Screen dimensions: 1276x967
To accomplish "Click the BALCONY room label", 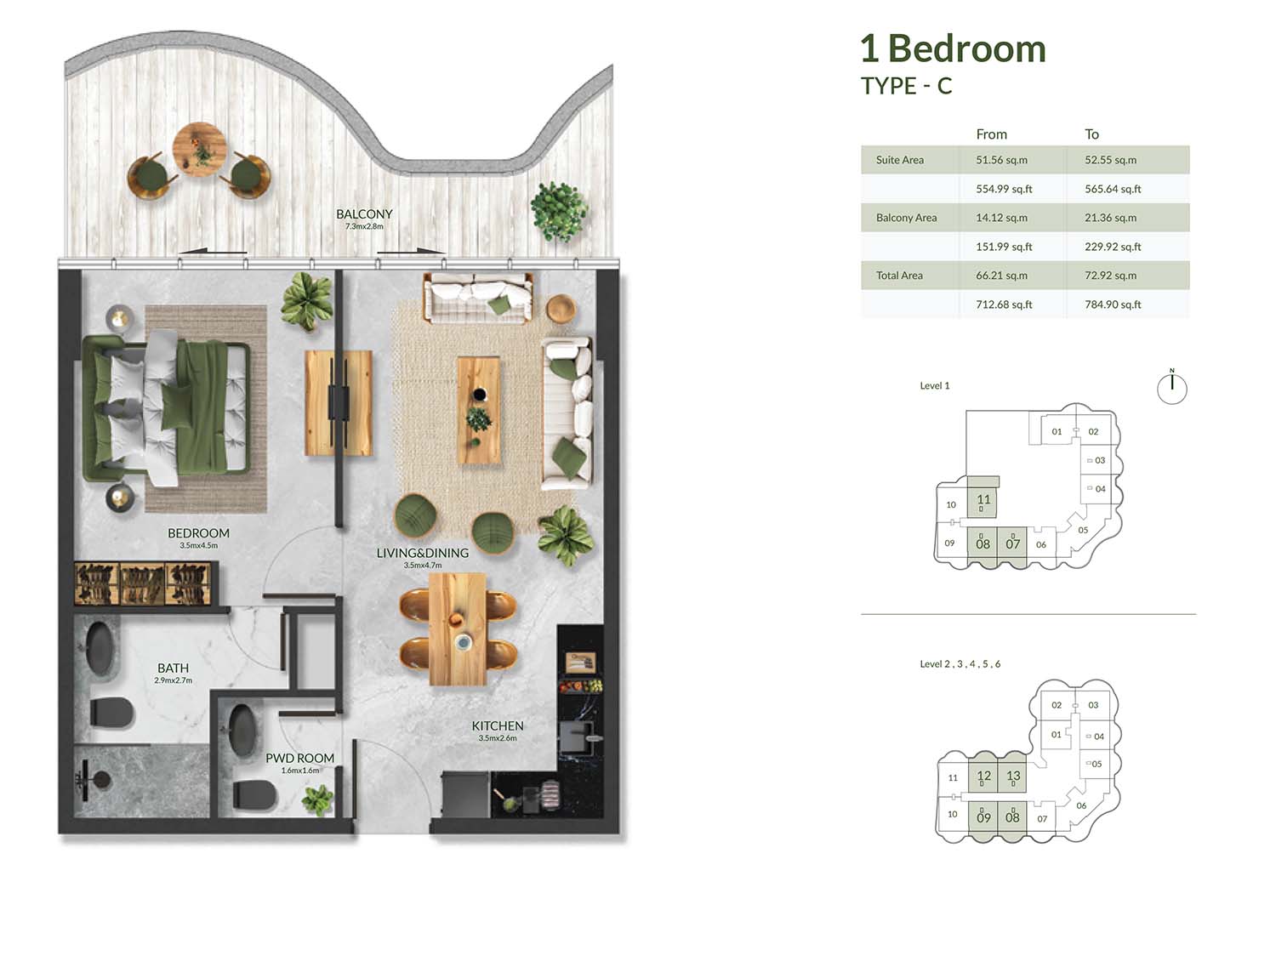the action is (x=364, y=213).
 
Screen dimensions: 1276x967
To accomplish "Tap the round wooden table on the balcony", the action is (x=199, y=149).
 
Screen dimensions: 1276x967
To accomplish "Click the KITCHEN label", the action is (x=497, y=725).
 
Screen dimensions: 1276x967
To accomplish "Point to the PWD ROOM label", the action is (x=299, y=759).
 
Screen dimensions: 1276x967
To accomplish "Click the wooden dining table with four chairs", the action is (x=458, y=629).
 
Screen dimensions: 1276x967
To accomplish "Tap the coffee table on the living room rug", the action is (x=478, y=410).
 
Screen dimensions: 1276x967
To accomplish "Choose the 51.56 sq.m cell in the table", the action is (x=1001, y=160).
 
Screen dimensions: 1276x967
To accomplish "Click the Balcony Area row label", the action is (x=906, y=218).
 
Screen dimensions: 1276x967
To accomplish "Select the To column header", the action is (x=1091, y=134).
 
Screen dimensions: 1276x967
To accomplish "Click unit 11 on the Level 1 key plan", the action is (x=983, y=499).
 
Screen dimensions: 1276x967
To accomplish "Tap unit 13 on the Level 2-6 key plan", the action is (x=1013, y=776).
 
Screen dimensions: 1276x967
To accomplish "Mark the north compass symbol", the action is (x=1171, y=387).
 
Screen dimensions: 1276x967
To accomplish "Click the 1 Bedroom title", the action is (x=953, y=48).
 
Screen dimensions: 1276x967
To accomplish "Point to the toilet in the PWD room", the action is (x=254, y=794).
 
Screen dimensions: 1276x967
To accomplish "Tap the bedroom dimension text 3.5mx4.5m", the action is (x=198, y=546).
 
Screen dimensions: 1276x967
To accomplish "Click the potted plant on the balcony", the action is (x=558, y=211).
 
